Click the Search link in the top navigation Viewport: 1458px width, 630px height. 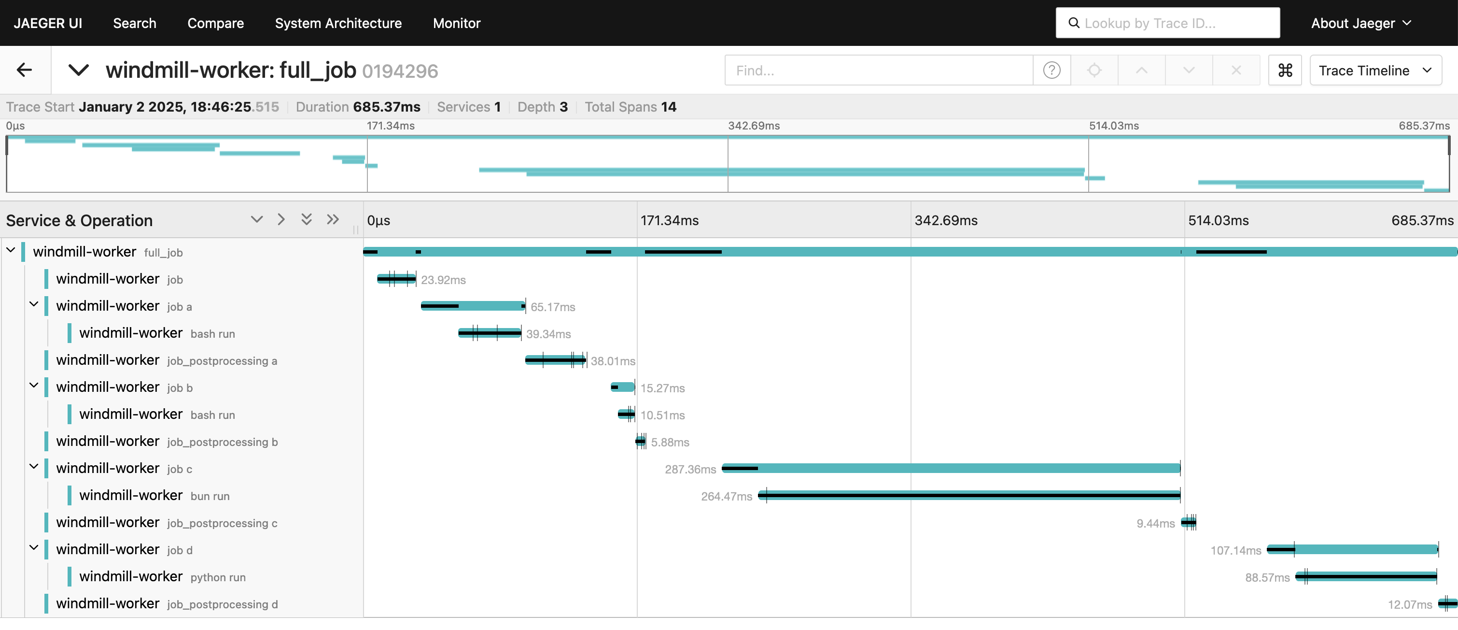[135, 23]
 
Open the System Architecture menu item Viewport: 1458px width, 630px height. [338, 23]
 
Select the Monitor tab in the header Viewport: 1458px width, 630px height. [456, 23]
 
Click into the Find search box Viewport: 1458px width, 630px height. [879, 70]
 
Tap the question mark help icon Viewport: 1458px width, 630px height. [1051, 70]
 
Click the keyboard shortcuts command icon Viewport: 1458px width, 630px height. [1285, 70]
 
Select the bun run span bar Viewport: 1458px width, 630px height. [969, 496]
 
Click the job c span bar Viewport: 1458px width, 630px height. [951, 469]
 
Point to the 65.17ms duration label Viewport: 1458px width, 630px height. [552, 307]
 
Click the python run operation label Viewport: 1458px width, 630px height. [218, 577]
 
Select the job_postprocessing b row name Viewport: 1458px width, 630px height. [223, 442]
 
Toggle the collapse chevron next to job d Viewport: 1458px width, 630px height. [34, 548]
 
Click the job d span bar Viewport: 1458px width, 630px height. [1352, 549]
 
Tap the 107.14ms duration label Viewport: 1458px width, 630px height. [1235, 551]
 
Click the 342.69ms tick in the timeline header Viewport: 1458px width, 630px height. [946, 220]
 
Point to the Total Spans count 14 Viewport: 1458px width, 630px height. [669, 107]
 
